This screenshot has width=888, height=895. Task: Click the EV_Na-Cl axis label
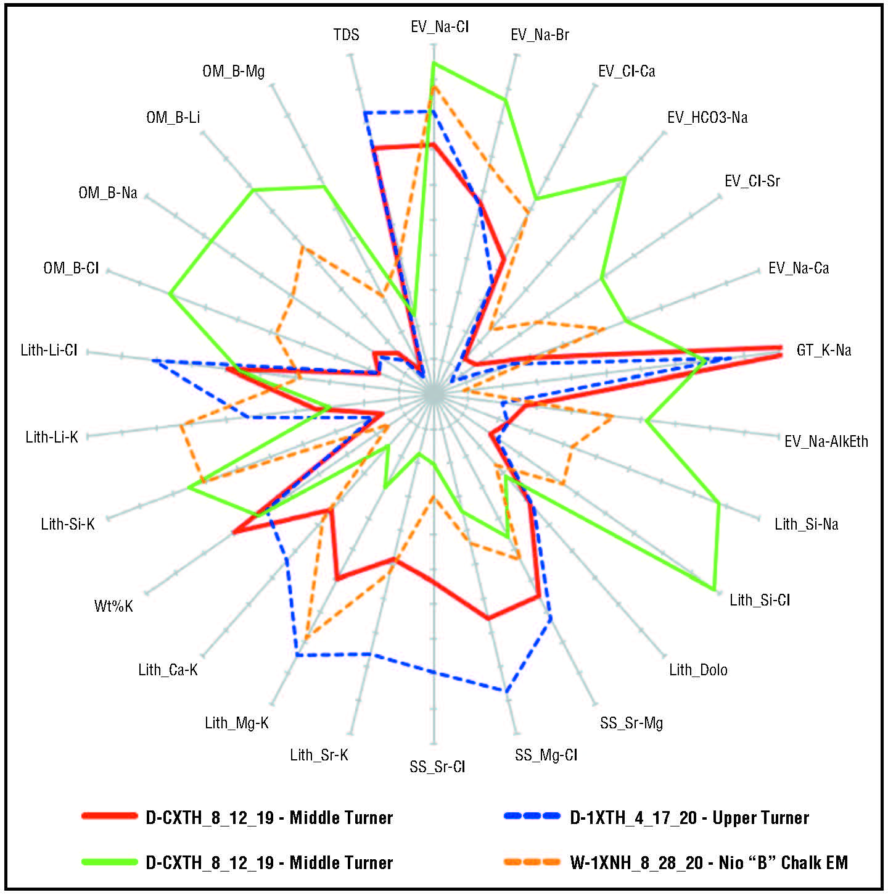[440, 27]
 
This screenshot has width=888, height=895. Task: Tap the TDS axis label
[346, 35]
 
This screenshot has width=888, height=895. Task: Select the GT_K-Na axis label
[823, 350]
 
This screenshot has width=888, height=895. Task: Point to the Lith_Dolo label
[698, 670]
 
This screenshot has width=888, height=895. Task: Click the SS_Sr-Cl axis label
[437, 767]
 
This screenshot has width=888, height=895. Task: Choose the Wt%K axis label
[113, 606]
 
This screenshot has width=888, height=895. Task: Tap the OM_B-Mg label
[233, 71]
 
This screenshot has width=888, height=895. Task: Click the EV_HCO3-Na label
[707, 117]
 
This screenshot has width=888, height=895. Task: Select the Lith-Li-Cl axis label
[49, 350]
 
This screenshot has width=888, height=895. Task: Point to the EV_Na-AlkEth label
[826, 441]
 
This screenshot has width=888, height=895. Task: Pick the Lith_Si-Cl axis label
[760, 600]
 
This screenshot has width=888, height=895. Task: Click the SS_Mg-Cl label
[546, 755]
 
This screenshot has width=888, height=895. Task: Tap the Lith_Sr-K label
[319, 755]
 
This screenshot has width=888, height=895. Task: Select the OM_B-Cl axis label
[71, 268]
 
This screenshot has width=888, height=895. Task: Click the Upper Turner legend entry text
[689, 818]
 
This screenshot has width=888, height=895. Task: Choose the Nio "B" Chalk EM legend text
[709, 862]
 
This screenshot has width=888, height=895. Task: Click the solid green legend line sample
[109, 862]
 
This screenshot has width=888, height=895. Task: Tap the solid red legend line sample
[109, 816]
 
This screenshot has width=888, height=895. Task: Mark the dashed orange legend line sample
[532, 862]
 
